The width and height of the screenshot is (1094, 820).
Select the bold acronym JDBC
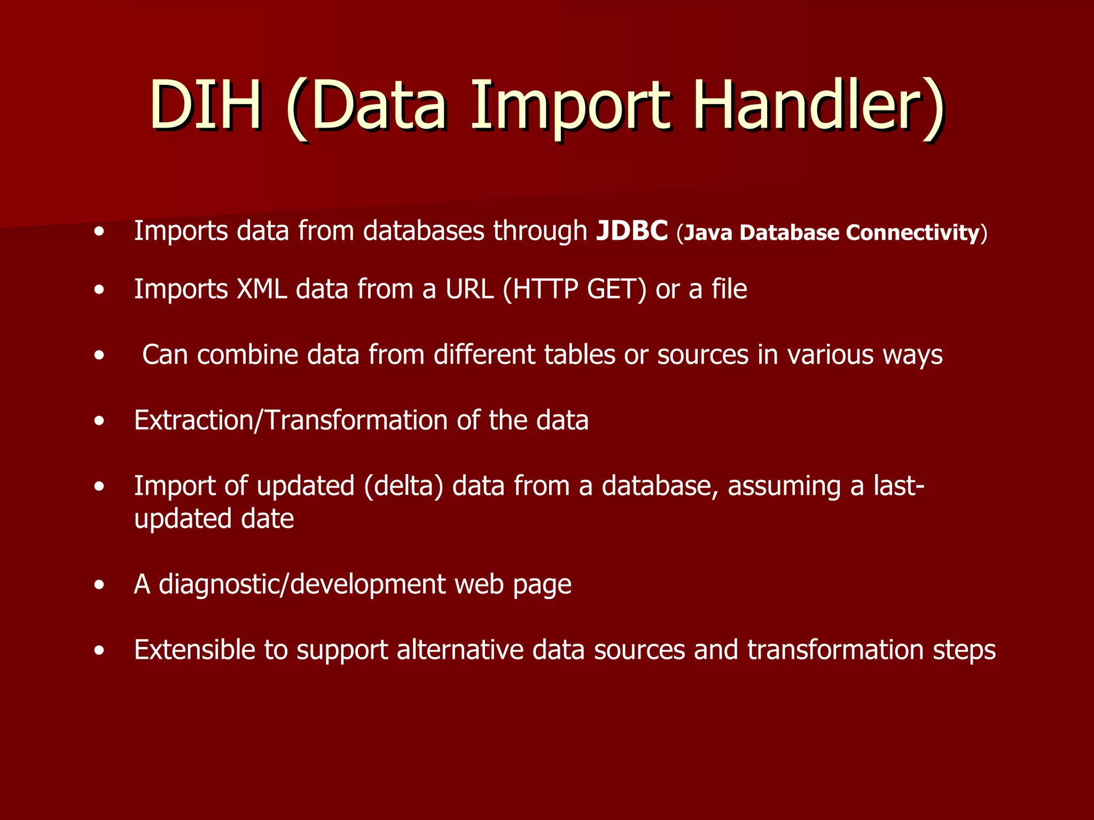click(632, 231)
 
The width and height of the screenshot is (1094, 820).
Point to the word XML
click(262, 289)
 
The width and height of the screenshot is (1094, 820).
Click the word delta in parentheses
click(404, 486)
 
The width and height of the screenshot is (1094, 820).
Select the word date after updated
click(267, 519)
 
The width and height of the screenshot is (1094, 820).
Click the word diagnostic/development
click(302, 585)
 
